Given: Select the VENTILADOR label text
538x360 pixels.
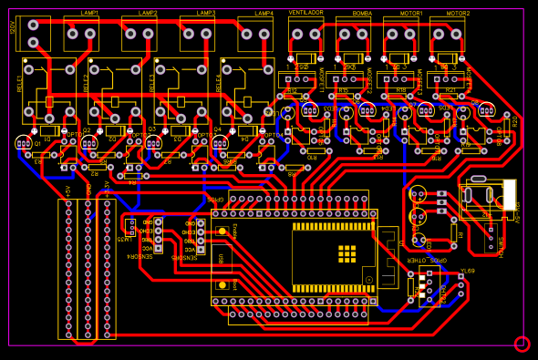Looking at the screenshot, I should [x=305, y=13].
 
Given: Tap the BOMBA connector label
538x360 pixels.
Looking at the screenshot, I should [x=361, y=14].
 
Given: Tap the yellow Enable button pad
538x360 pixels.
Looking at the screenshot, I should [x=222, y=231].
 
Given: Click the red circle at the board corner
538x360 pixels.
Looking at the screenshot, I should [x=522, y=344].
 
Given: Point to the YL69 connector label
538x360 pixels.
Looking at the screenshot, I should [x=467, y=271].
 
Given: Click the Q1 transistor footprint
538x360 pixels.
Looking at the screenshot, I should [x=23, y=143].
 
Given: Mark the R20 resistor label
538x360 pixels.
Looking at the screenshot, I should [x=514, y=120].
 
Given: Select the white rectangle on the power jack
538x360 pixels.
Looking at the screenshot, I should [x=509, y=194].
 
